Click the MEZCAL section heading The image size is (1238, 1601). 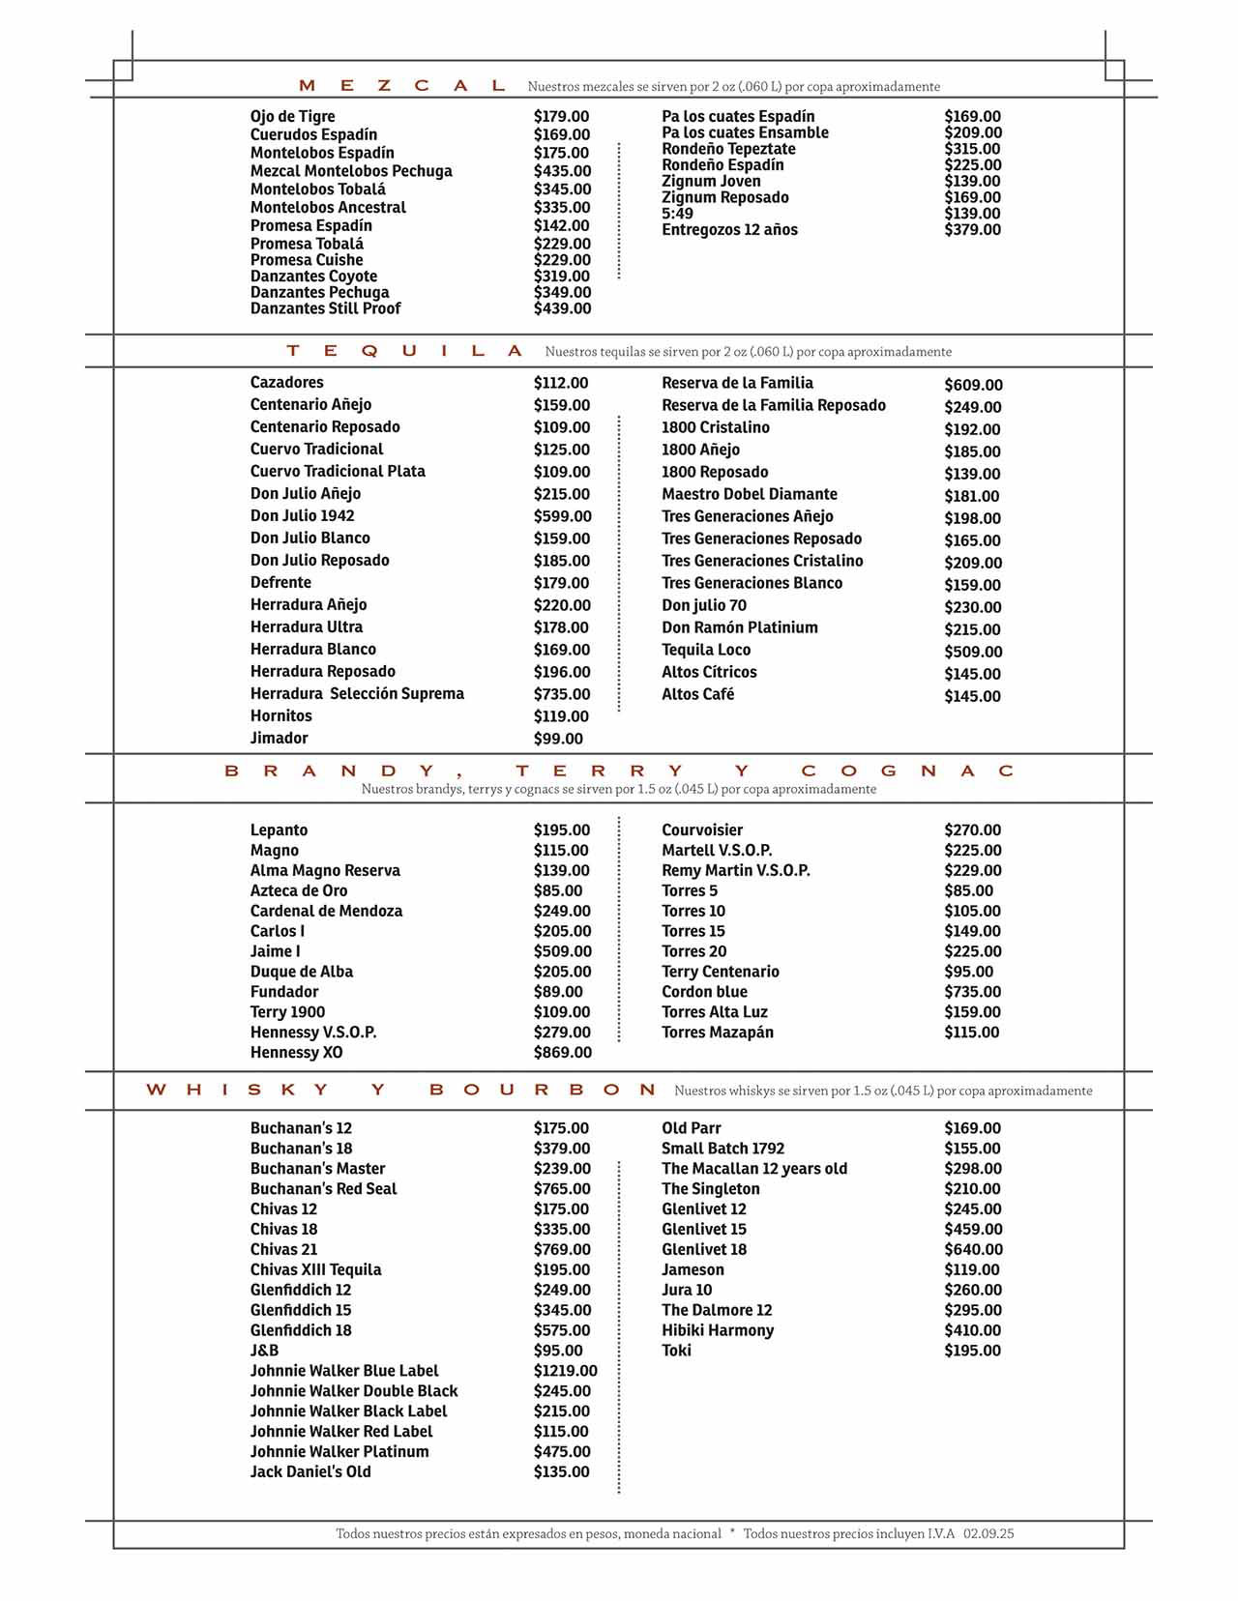[x=402, y=86]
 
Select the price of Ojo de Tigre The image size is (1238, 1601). [x=561, y=116]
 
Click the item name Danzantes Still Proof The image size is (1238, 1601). [x=325, y=308]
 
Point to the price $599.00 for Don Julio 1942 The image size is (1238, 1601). [x=562, y=516]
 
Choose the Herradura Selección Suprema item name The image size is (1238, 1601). [x=357, y=693]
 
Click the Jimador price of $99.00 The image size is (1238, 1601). [x=558, y=739]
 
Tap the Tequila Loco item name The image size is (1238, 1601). [x=706, y=650]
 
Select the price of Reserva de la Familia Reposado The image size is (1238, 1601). [x=972, y=407]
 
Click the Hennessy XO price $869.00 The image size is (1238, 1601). [x=562, y=1052]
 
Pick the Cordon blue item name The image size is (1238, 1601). [x=704, y=992]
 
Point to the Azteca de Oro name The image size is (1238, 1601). [x=299, y=890]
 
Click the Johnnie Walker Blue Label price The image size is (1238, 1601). [x=565, y=1371]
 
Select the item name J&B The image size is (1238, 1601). [x=264, y=1351]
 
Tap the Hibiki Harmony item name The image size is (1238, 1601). [x=718, y=1330]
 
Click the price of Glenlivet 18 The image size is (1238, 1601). [x=973, y=1249]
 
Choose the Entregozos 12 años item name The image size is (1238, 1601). [x=729, y=230]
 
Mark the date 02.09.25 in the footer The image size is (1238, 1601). [x=988, y=1533]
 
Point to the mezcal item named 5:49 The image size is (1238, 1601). [x=677, y=214]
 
